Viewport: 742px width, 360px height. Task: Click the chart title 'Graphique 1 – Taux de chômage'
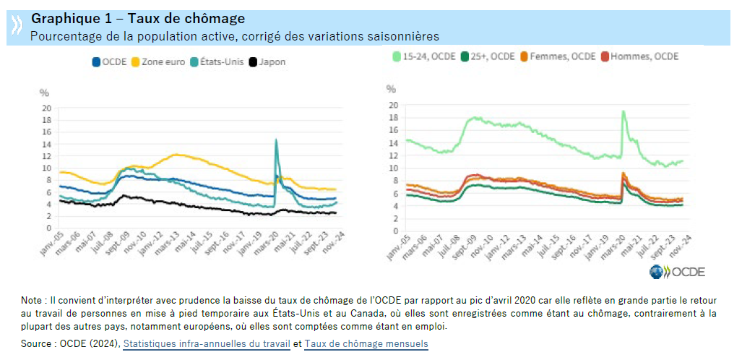[x=138, y=18]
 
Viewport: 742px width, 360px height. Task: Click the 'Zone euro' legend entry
[x=158, y=62]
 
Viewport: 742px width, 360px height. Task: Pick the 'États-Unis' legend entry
[x=217, y=62]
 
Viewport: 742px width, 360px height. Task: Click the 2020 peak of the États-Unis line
[x=276, y=140]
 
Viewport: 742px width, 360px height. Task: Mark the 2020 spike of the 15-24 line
[x=623, y=111]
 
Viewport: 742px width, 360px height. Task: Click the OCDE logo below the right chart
[x=677, y=272]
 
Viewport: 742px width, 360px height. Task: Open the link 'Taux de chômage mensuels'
[x=366, y=344]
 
